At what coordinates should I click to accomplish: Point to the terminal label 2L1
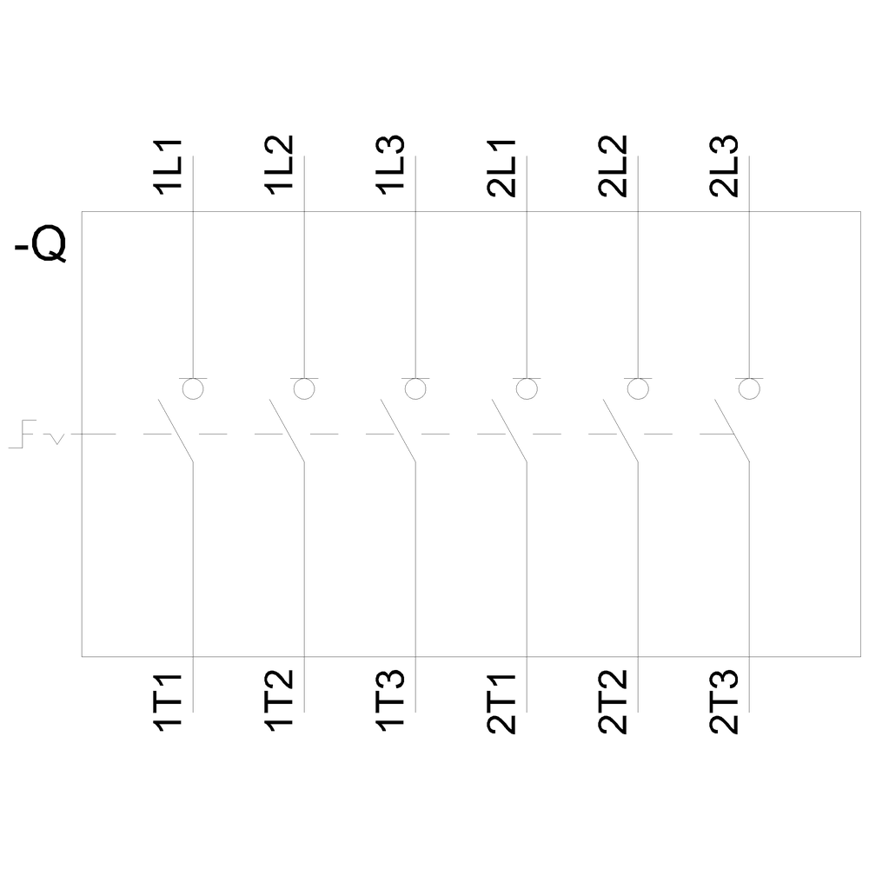pos(501,168)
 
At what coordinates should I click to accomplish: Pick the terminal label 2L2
pos(613,166)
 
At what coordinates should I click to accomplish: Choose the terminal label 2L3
pos(724,166)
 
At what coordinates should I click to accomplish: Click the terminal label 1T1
pos(168,704)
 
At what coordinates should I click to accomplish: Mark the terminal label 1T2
pos(279,701)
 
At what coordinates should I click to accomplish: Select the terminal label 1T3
pos(390,701)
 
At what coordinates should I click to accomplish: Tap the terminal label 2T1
pos(501,705)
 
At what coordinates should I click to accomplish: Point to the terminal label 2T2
pos(613,702)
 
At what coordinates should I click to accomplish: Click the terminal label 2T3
pos(724,702)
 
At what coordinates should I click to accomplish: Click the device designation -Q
pos(41,243)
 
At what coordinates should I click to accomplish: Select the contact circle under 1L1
pos(193,388)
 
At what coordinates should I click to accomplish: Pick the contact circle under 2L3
pos(749,388)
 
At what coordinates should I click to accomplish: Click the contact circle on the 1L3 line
pos(415,388)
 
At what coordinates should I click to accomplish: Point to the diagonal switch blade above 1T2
pos(287,430)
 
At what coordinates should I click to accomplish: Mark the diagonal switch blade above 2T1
pos(509,430)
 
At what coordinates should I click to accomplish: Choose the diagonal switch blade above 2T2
pos(620,430)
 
